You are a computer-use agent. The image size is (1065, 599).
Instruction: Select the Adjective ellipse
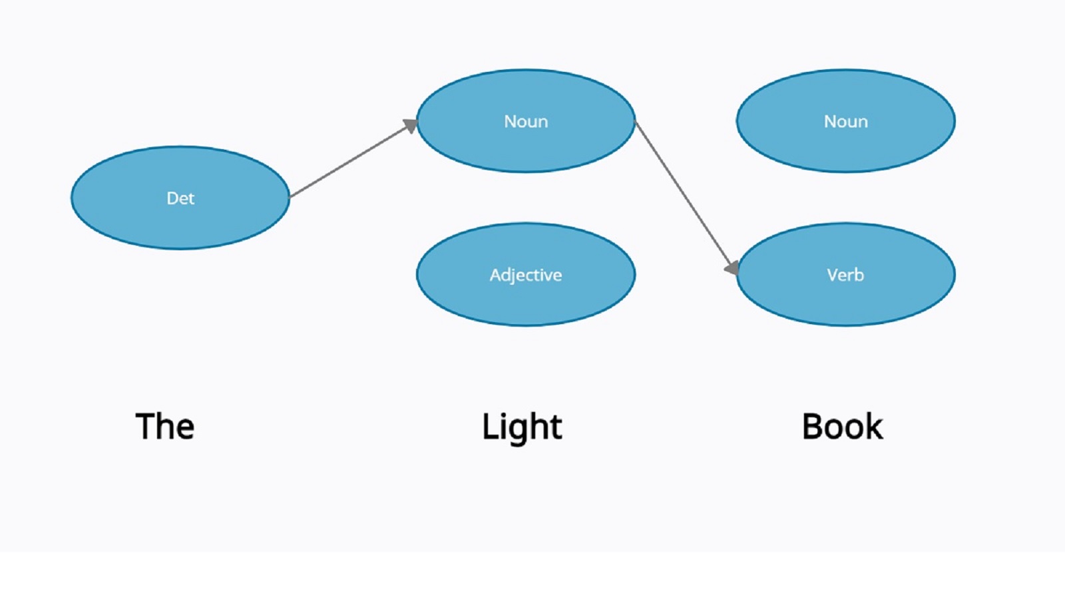point(526,299)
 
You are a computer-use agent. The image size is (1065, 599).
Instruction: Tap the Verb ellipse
point(845,299)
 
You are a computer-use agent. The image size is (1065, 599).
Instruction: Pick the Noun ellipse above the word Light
point(526,146)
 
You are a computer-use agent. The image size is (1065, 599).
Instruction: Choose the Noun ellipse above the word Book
point(845,146)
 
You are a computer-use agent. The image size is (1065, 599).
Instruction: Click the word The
point(164,427)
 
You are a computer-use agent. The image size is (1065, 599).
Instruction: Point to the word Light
point(522,427)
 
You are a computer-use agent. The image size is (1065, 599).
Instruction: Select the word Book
point(842,427)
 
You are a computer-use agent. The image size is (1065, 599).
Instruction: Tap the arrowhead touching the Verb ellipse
point(732,268)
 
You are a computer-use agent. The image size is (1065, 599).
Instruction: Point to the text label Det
point(180,198)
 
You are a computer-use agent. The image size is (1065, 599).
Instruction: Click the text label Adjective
point(526,275)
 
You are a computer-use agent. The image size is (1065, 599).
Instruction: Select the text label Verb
point(845,275)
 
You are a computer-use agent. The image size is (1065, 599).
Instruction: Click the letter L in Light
point(489,427)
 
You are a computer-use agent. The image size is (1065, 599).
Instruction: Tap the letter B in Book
point(813,427)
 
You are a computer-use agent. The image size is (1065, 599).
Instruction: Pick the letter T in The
point(145,427)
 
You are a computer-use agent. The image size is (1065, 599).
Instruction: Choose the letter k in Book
point(873,427)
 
